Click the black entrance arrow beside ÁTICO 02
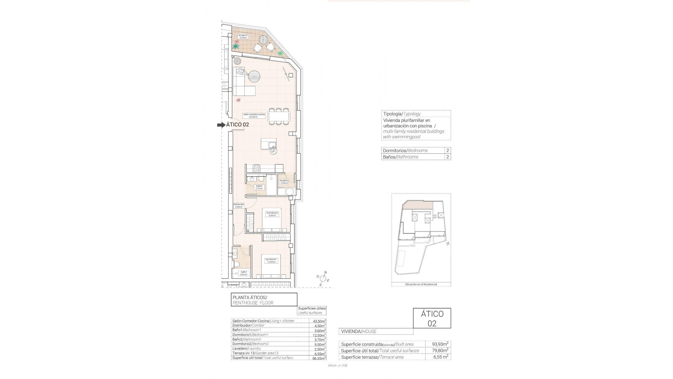pyautogui.click(x=221, y=125)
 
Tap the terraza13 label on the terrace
pyautogui.click(x=243, y=36)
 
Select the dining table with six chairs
pyautogui.click(x=279, y=116)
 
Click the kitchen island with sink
pyautogui.click(x=268, y=144)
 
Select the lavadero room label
pyautogui.click(x=284, y=182)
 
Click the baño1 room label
pyautogui.click(x=244, y=273)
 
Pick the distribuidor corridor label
pyautogui.click(x=239, y=206)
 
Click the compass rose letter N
pyautogui.click(x=325, y=273)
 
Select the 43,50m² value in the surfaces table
pyautogui.click(x=317, y=321)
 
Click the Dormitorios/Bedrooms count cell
pyautogui.click(x=448, y=151)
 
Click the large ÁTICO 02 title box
pyautogui.click(x=432, y=318)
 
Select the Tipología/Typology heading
pyautogui.click(x=402, y=114)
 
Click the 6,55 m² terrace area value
pyautogui.click(x=438, y=357)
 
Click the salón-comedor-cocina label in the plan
pyautogui.click(x=254, y=115)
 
